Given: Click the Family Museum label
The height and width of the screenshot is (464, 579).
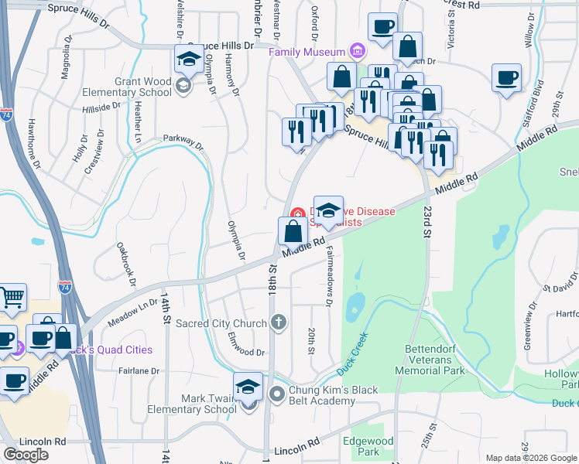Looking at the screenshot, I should click(306, 52).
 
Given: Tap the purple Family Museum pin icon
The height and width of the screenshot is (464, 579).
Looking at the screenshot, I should click(356, 52).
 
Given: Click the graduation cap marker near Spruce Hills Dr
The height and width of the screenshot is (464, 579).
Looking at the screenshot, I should click(189, 59).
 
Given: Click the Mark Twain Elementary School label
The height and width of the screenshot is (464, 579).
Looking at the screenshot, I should click(194, 404).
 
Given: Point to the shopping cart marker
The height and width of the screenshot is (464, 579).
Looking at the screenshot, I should click(12, 298).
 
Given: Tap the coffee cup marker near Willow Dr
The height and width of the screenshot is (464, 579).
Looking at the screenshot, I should click(505, 78).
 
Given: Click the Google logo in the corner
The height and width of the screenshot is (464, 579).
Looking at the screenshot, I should click(26, 455).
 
